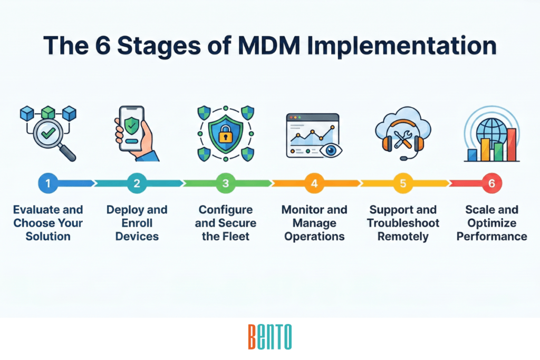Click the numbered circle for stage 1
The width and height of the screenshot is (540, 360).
point(48,183)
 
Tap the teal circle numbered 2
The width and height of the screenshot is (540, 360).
point(137,183)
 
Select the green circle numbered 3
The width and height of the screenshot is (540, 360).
point(226,183)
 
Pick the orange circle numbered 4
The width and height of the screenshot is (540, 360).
point(314,183)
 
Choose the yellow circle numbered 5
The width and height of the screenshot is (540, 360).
point(403,183)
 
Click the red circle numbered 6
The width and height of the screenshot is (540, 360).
point(492,183)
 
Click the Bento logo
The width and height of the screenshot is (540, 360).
point(270,337)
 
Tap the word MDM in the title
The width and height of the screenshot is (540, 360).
point(268,45)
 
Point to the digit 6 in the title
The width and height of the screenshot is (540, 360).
point(102,45)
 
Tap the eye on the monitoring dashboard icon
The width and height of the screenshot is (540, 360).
point(331,150)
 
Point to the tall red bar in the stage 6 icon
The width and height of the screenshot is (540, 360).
point(511,144)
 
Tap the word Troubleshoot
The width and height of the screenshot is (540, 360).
point(403,223)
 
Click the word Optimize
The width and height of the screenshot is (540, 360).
point(492,223)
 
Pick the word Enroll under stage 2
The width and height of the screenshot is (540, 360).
point(137,223)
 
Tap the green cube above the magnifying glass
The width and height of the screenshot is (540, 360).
point(48,113)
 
